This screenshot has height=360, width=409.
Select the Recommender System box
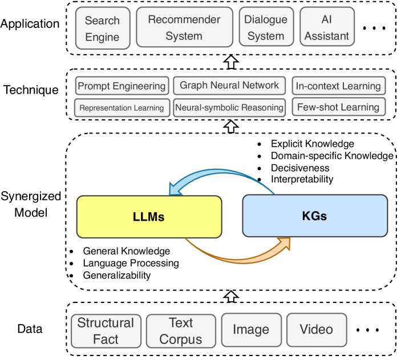click(184, 27)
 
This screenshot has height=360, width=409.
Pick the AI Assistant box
click(326, 27)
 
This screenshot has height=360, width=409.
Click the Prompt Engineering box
click(122, 86)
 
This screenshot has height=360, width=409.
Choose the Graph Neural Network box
click(229, 86)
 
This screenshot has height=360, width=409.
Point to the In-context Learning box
click(338, 86)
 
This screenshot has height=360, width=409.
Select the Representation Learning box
click(122, 107)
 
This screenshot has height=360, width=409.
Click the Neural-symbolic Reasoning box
click(229, 107)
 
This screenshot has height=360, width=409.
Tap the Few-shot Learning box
click(338, 107)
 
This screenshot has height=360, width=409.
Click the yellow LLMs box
click(149, 216)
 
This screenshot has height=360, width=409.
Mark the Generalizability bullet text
click(116, 275)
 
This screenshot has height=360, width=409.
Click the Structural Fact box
click(106, 330)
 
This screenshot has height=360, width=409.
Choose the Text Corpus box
click(180, 330)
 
